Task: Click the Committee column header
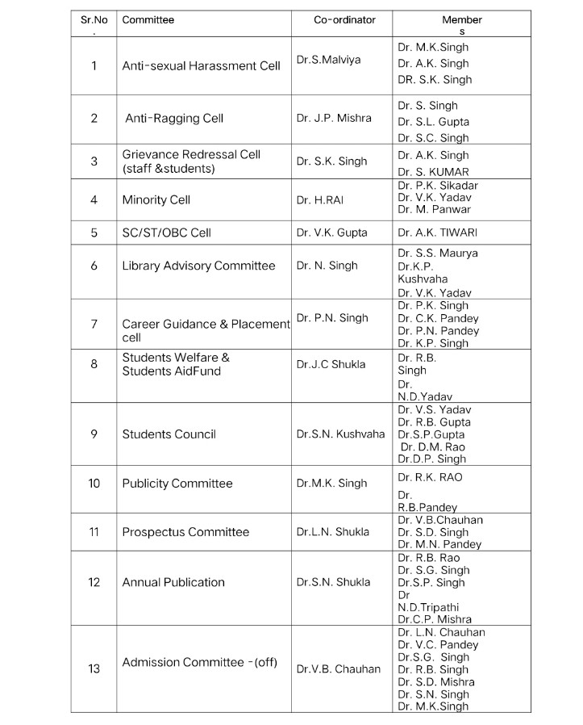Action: point(148,20)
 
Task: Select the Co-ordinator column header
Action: point(344,20)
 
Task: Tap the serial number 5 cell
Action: point(94,233)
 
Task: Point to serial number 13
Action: point(94,668)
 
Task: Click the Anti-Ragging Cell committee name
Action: point(173,118)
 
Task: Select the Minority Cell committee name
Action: point(156,199)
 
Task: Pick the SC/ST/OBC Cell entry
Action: point(166,233)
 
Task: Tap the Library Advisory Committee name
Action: point(198,266)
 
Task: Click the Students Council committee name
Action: point(169,434)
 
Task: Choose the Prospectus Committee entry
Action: point(185,532)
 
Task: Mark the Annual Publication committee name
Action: point(173,582)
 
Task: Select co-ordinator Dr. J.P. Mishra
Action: point(334,118)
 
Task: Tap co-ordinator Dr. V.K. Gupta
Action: point(331,233)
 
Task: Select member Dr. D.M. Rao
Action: point(433,446)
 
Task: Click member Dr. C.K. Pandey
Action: point(438,318)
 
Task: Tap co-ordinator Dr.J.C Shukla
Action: point(331,364)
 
